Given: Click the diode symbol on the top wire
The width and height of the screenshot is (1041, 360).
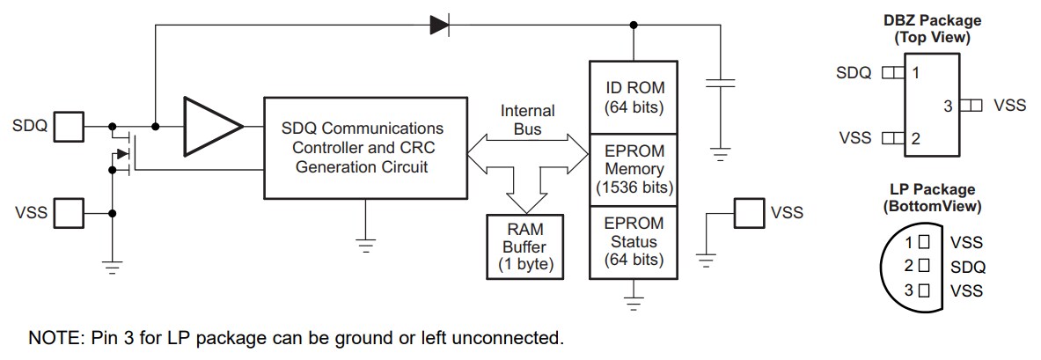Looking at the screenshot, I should [x=439, y=26].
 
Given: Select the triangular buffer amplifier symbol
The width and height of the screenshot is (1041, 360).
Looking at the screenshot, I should [x=212, y=127].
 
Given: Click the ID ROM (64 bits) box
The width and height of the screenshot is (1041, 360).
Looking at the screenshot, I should [x=634, y=98].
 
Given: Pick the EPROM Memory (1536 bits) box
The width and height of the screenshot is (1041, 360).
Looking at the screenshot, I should [x=634, y=168].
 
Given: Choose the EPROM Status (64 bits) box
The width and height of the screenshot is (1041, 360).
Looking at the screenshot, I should [x=634, y=241].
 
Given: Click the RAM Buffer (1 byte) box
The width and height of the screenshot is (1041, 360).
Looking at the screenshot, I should [x=525, y=244].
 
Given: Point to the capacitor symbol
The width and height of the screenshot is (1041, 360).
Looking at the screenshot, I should [x=721, y=85].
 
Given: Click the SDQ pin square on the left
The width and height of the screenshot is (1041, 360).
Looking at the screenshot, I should [x=69, y=127].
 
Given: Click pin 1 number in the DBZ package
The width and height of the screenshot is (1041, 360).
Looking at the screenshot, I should [x=916, y=73].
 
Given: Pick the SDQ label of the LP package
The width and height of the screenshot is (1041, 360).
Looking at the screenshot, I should [x=968, y=267].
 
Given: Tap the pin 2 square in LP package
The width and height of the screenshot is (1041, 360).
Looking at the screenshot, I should [x=923, y=265].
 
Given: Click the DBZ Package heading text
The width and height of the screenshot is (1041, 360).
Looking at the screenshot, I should [x=932, y=20].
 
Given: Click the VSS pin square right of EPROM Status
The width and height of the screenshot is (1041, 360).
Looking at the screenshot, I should [x=749, y=212].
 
